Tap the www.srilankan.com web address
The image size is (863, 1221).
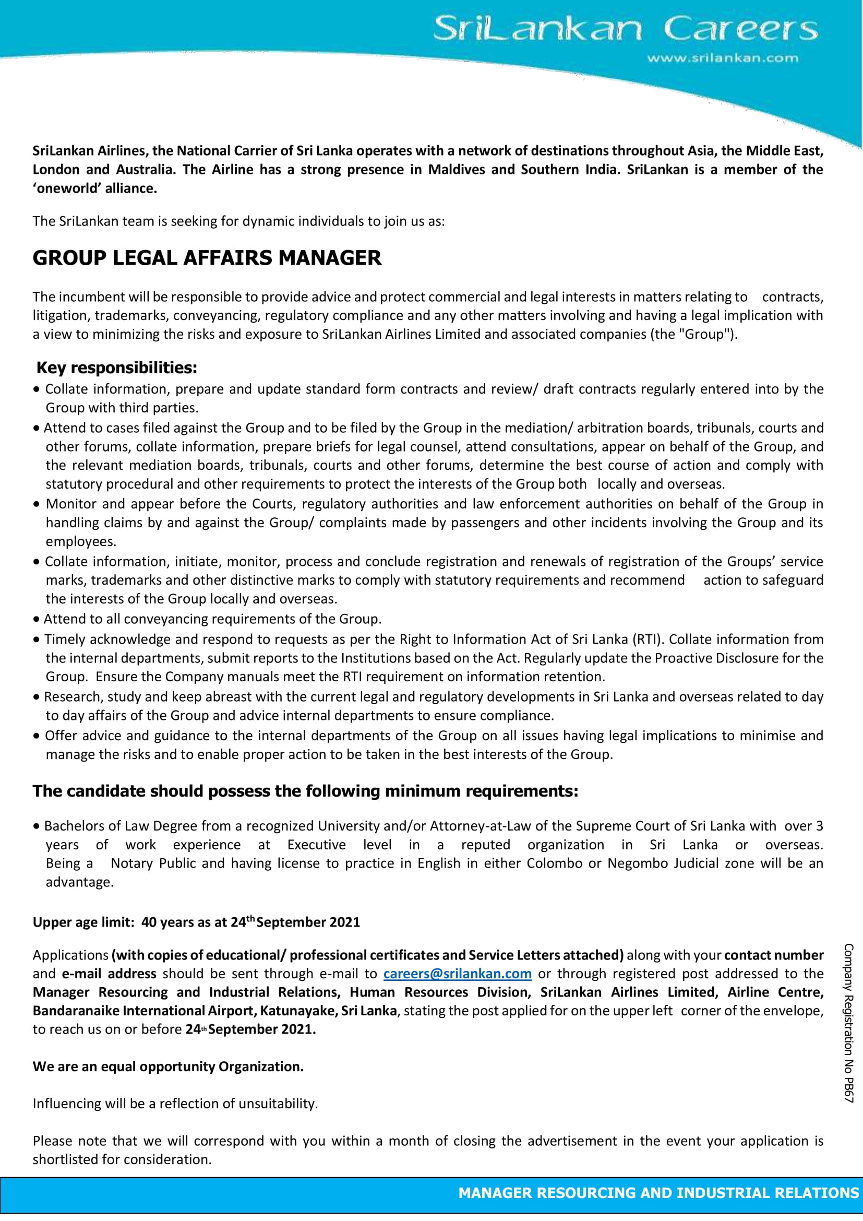(x=722, y=58)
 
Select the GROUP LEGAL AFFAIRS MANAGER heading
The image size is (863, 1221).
(x=207, y=258)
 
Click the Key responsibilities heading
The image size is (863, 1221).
(x=116, y=368)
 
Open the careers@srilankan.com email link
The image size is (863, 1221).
(x=457, y=974)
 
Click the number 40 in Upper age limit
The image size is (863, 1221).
(x=149, y=922)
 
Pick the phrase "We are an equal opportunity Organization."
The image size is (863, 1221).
(x=168, y=1066)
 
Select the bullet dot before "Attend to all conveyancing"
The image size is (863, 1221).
(x=36, y=620)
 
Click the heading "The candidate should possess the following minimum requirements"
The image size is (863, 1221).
(x=305, y=791)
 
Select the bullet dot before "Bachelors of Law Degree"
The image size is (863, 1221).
(x=36, y=826)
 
